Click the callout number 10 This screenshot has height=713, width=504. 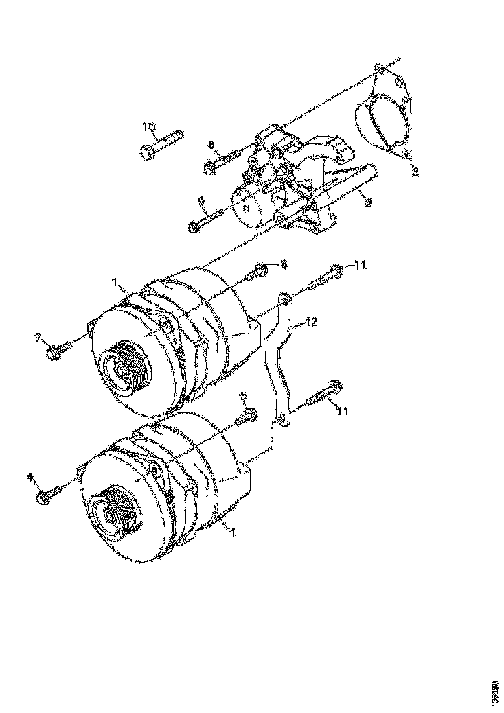pyautogui.click(x=149, y=125)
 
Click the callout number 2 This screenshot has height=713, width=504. pyautogui.click(x=368, y=202)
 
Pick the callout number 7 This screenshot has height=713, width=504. pyautogui.click(x=38, y=336)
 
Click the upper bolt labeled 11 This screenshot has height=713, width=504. pyautogui.click(x=327, y=277)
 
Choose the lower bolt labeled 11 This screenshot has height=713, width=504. pyautogui.click(x=323, y=395)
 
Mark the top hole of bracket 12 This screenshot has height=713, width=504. pyautogui.click(x=284, y=298)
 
